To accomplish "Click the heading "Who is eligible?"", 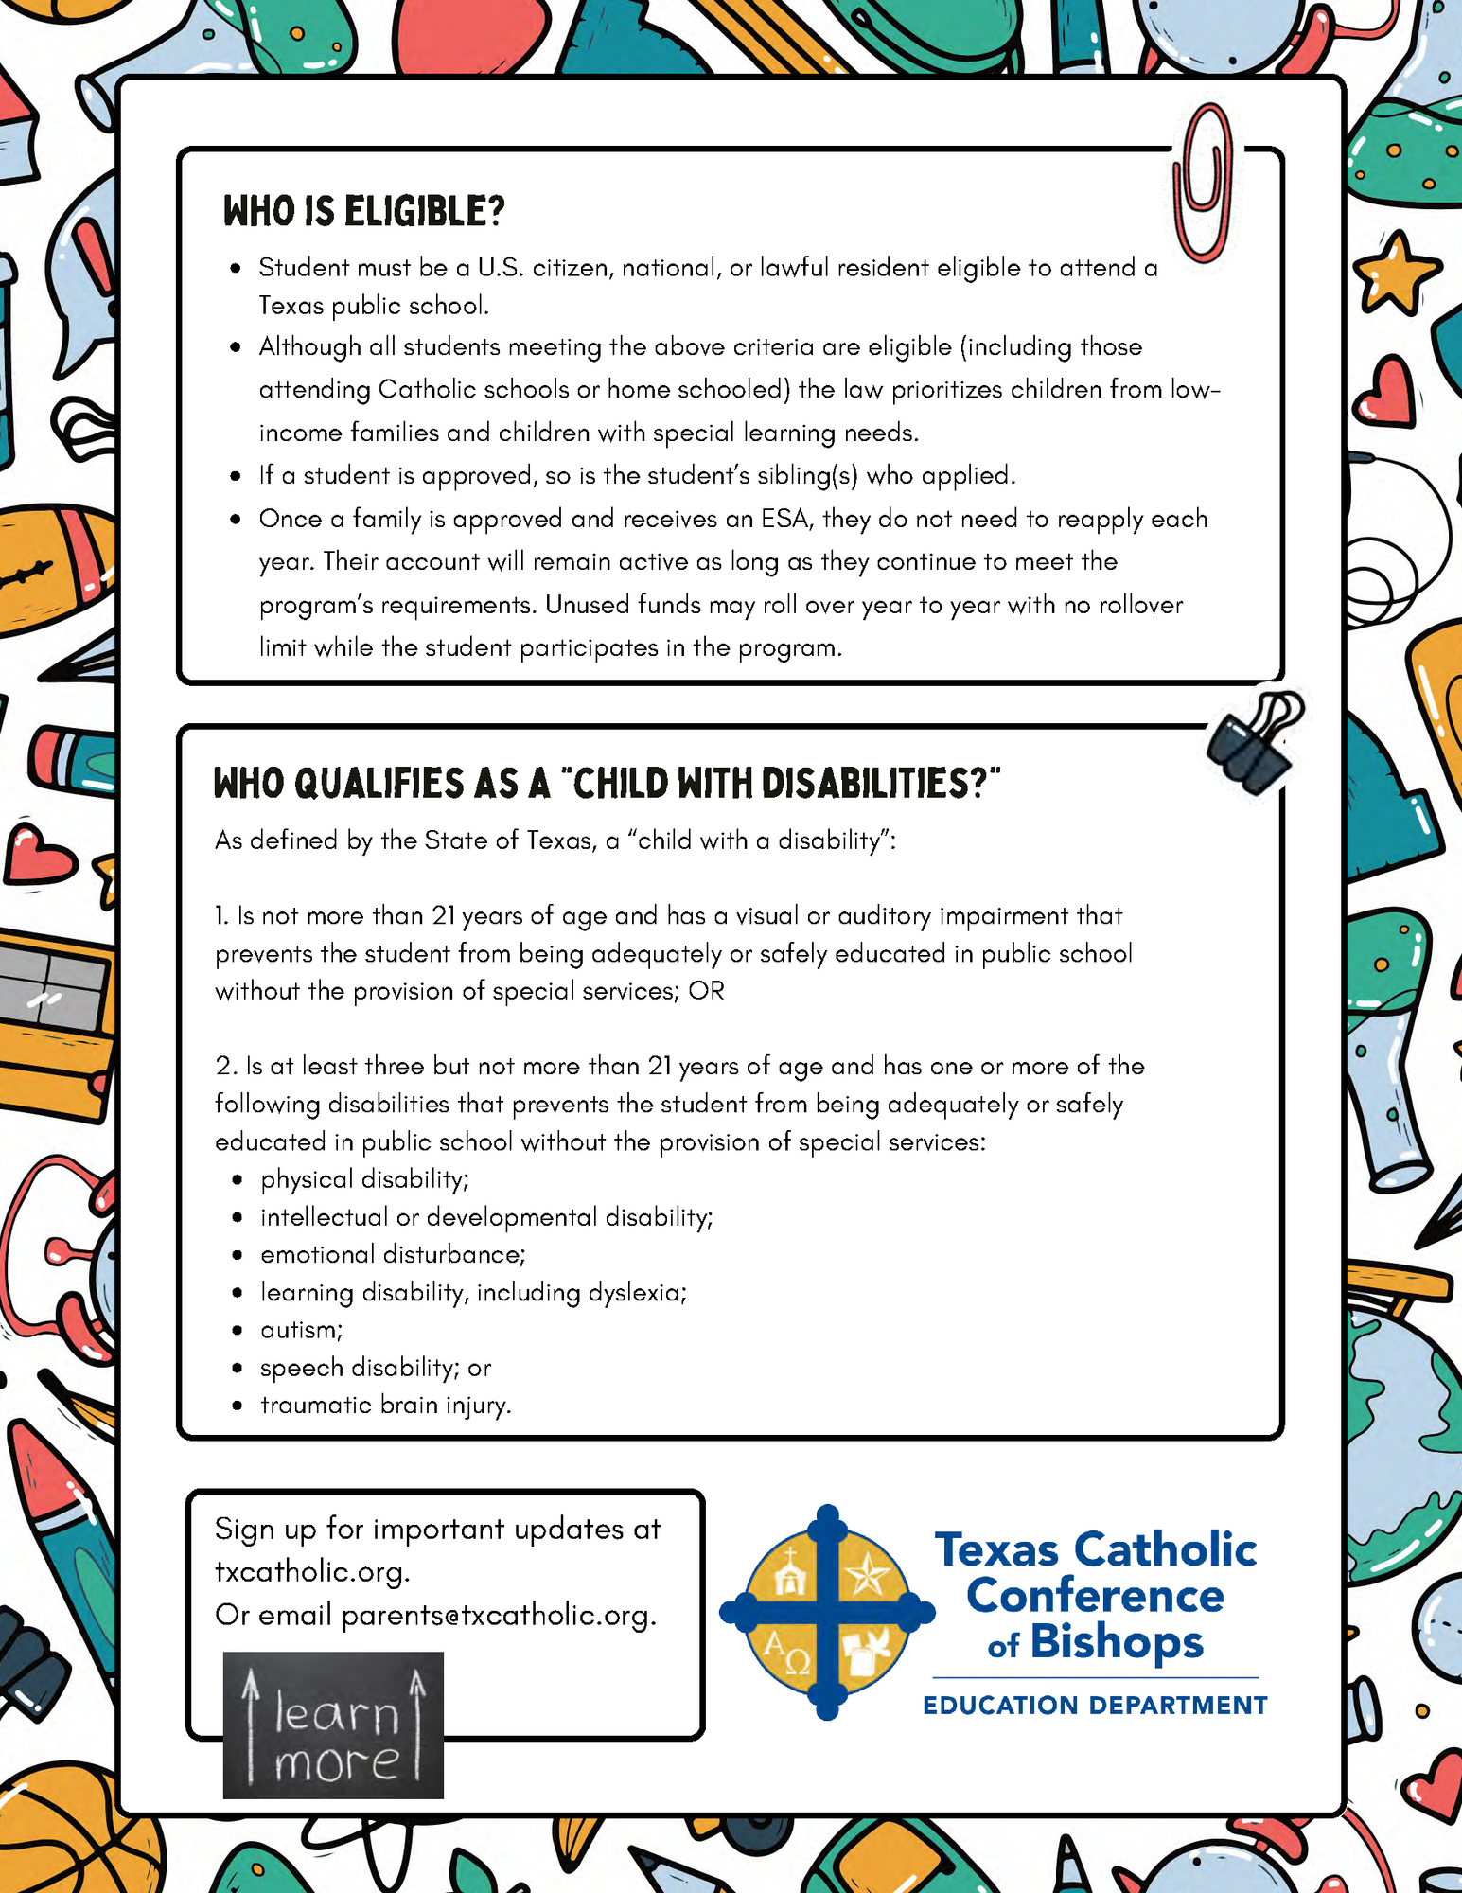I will tap(363, 211).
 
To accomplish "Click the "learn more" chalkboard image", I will tap(333, 1725).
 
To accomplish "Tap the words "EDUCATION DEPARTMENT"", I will tap(1095, 1706).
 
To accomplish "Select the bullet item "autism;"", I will tap(302, 1330).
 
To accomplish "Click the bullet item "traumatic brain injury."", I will tap(385, 1405).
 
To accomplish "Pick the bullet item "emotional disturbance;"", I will tap(393, 1254).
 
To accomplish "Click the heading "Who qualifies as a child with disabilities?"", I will tap(607, 784).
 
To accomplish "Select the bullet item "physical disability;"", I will tap(364, 1179).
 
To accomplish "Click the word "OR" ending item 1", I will tap(706, 991).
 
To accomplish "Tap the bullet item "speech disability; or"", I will tap(376, 1368).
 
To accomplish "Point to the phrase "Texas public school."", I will tap(374, 306).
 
